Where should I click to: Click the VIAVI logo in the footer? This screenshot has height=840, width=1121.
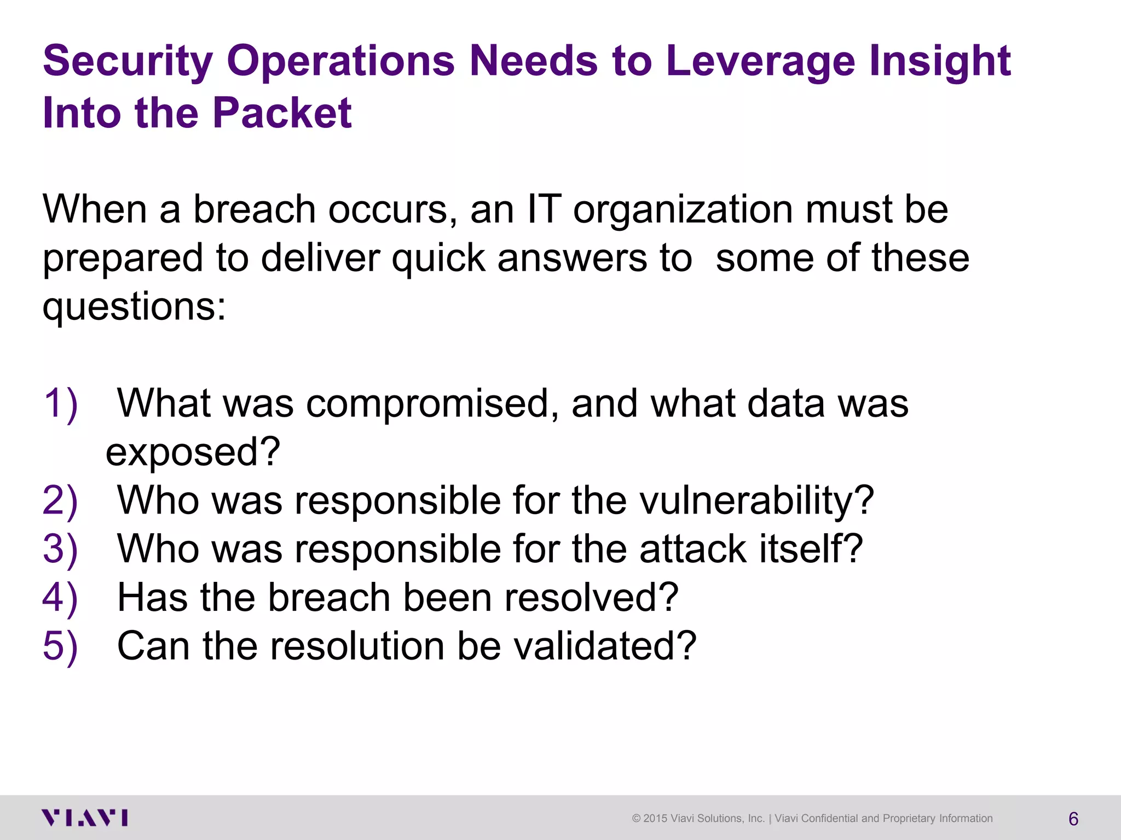click(85, 818)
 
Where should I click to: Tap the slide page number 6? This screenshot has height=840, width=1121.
click(1073, 819)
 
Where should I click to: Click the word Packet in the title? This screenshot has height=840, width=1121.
click(282, 113)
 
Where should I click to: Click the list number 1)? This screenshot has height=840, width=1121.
click(60, 404)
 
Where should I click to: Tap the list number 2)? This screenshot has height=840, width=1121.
click(60, 500)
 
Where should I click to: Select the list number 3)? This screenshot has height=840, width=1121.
click(60, 549)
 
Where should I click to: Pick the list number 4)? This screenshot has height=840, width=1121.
click(60, 597)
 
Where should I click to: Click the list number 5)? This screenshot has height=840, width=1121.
click(60, 646)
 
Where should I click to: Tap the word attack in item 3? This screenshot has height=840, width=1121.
click(693, 549)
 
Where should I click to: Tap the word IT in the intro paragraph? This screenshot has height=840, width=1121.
click(544, 209)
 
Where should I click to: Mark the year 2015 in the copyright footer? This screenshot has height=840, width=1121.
click(655, 819)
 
